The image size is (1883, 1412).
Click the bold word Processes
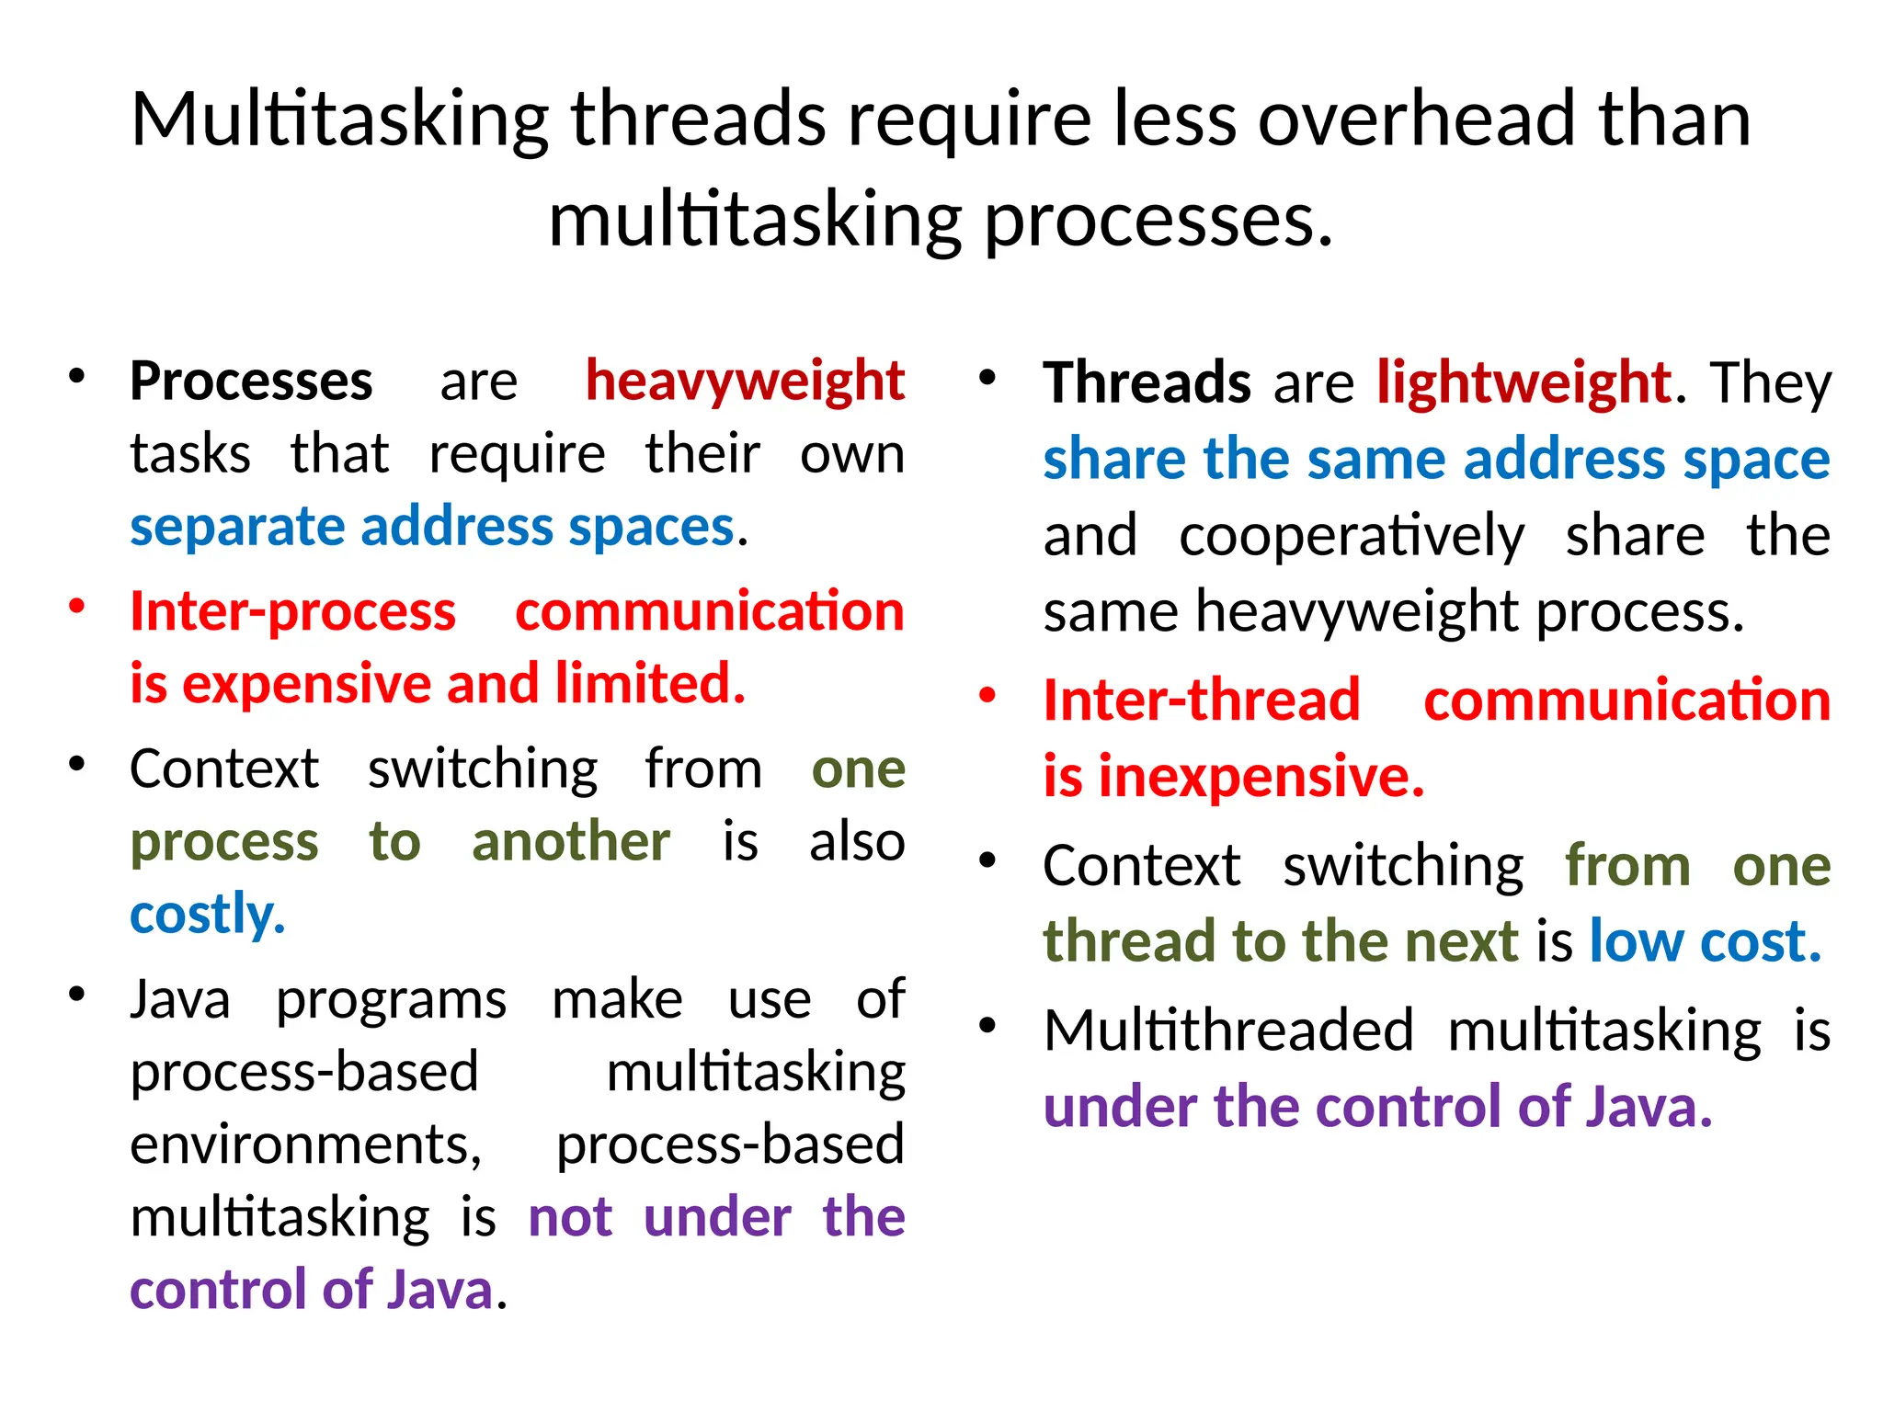[x=251, y=381]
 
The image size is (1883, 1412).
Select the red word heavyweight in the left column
[x=745, y=381]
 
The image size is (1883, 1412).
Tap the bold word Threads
[x=1146, y=383]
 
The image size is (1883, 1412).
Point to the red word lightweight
[x=1523, y=383]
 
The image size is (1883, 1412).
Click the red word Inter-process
[x=292, y=611]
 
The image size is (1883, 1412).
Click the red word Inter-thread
[x=1201, y=700]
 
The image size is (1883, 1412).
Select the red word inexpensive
[x=1260, y=777]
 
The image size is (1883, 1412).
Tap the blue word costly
[x=208, y=915]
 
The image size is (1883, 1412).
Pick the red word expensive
[x=308, y=685]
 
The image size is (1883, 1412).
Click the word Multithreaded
[x=1228, y=1031]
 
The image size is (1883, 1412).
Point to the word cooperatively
[x=1351, y=536]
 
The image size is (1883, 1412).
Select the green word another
[x=570, y=842]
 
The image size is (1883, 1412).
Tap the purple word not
[x=570, y=1218]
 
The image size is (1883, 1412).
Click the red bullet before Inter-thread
[x=987, y=695]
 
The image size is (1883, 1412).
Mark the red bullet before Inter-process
[x=76, y=606]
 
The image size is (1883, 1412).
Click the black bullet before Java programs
[x=76, y=994]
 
